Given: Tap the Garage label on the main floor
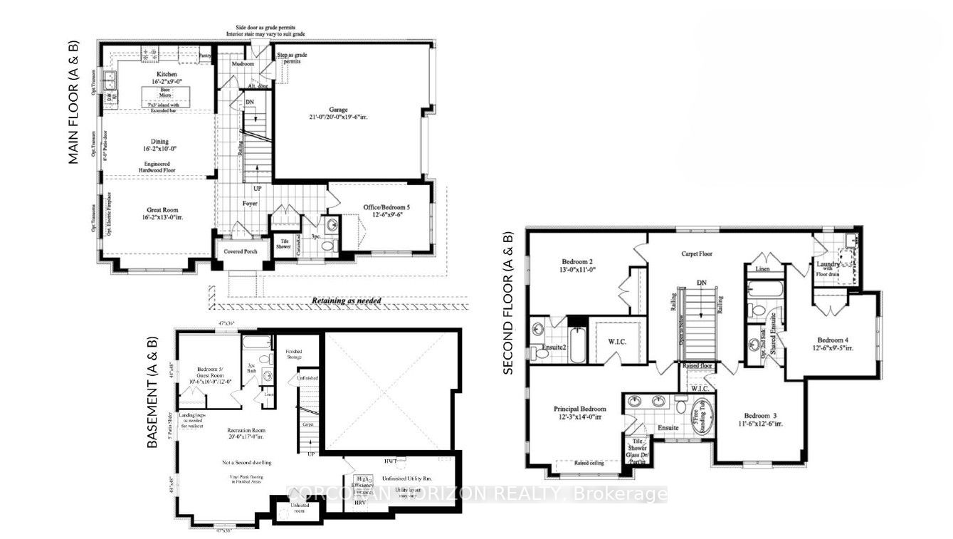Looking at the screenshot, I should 337,110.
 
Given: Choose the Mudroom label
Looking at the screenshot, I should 243,63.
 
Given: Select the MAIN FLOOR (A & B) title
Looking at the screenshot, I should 74,103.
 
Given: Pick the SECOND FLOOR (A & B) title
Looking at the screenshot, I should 508,303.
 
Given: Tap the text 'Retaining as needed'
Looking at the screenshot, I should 347,300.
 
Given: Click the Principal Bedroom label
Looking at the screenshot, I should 580,409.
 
